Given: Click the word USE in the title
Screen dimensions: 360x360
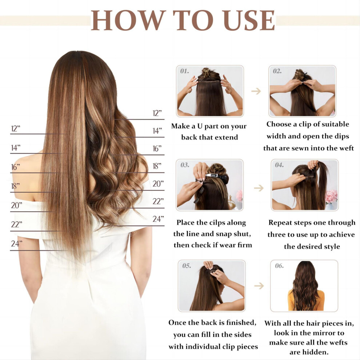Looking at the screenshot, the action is click(249, 20).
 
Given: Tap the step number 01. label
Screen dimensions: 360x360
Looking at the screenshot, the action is click(185, 71).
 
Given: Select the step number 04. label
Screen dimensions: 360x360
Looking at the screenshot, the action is click(279, 165).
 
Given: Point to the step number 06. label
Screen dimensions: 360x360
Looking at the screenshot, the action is click(279, 266).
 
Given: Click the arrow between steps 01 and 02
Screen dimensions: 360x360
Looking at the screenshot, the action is click(256, 91).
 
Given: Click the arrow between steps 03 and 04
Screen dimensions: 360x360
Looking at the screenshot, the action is click(259, 188).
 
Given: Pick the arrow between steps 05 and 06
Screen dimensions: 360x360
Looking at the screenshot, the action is click(259, 286).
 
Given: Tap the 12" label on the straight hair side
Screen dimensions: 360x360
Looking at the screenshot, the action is click(16, 129).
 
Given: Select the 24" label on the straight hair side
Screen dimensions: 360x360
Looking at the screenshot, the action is click(16, 243).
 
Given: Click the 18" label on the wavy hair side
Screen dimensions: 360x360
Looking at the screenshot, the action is click(157, 166).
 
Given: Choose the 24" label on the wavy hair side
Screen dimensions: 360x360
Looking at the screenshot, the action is click(158, 219).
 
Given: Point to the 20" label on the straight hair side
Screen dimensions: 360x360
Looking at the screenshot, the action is click(16, 205).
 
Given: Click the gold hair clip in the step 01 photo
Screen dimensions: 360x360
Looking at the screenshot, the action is click(206, 72).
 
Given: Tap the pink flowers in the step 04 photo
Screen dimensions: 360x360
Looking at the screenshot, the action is click(331, 197).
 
